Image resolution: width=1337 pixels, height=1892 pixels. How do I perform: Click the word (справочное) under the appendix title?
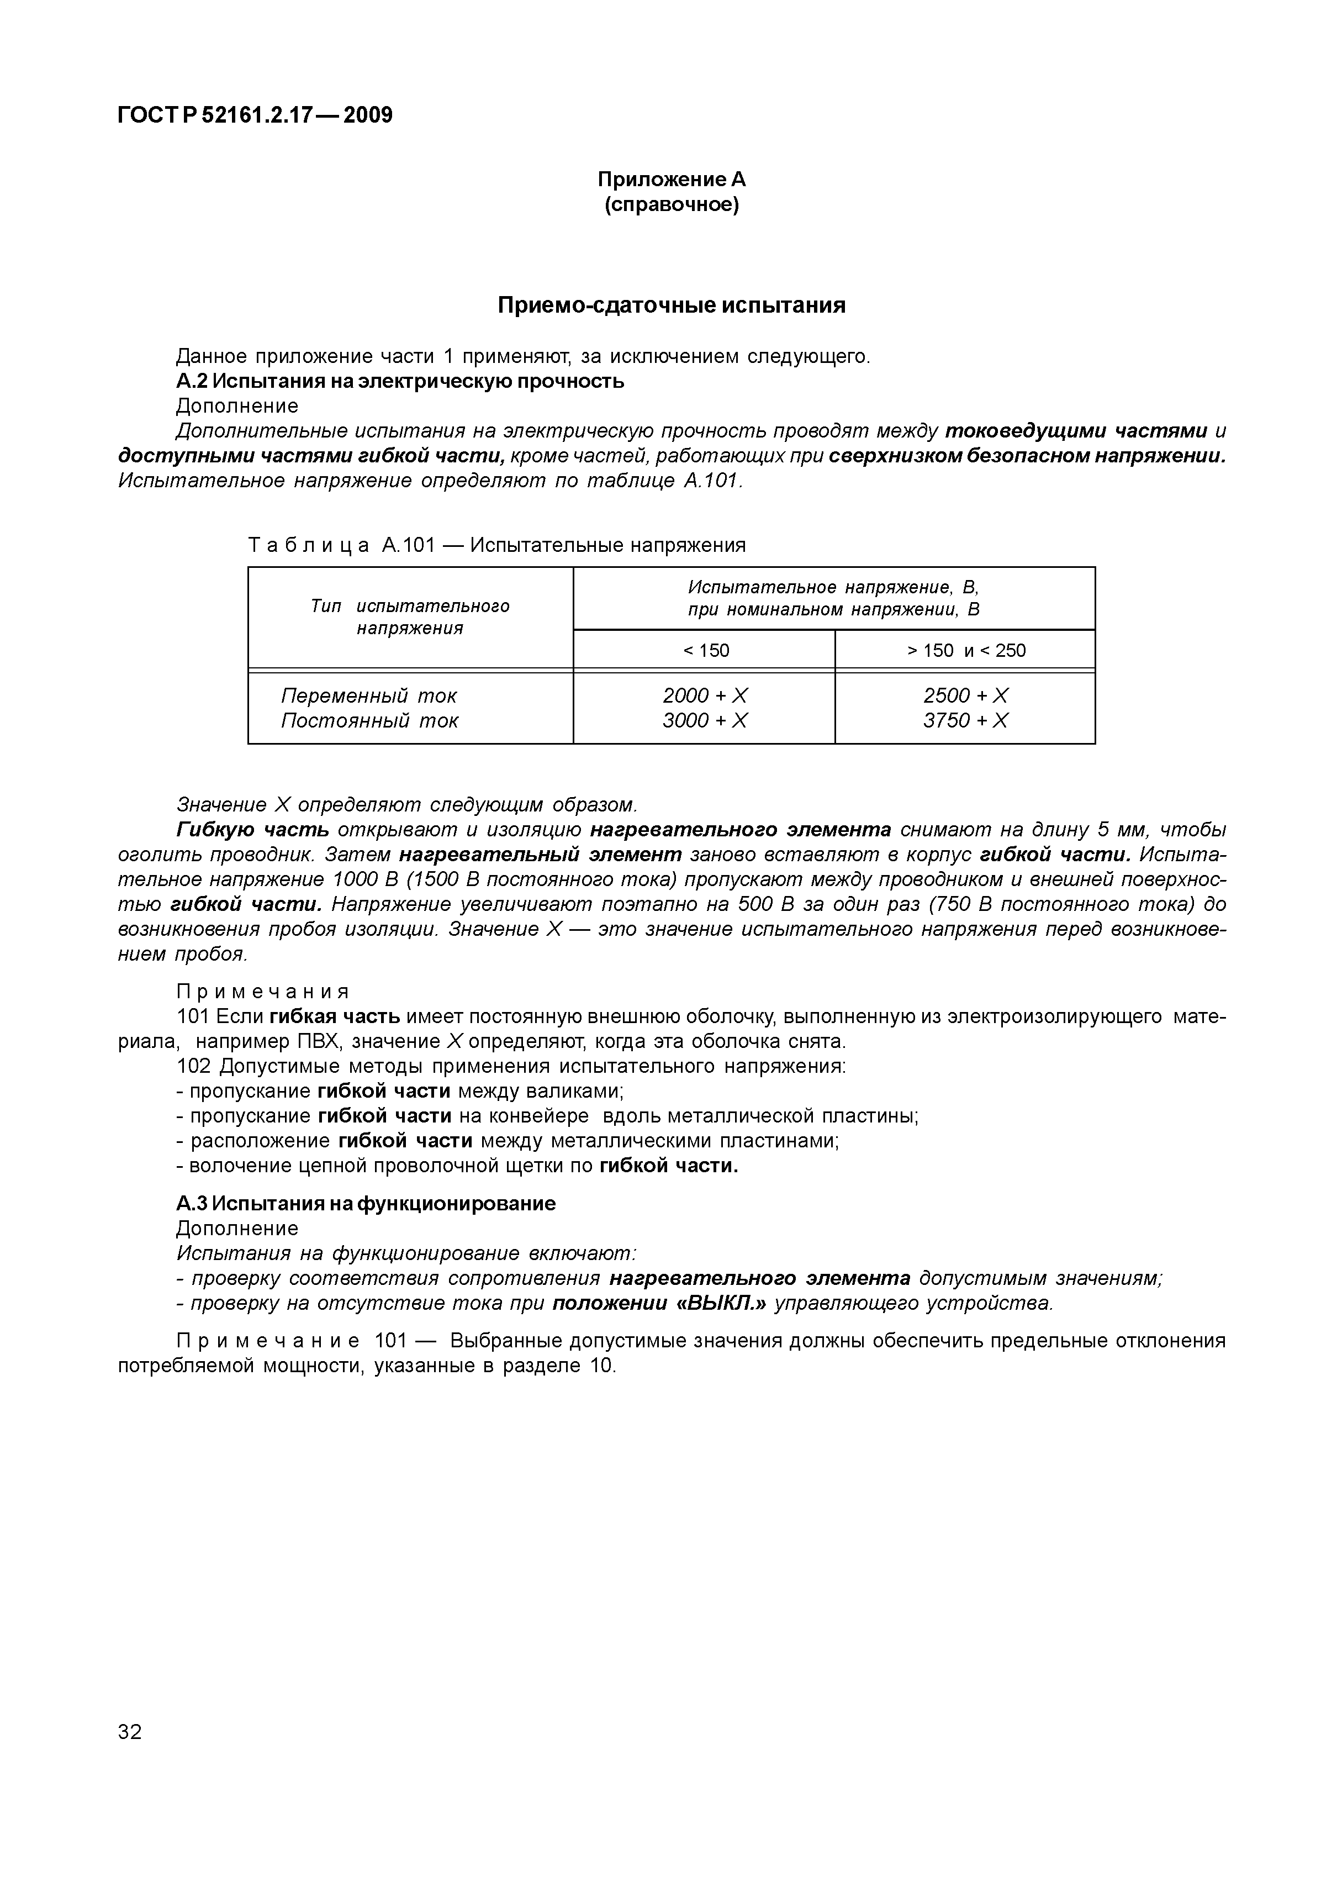click(672, 204)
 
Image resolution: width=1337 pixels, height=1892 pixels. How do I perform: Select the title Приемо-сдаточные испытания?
click(672, 305)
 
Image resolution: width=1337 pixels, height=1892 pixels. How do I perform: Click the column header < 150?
click(705, 650)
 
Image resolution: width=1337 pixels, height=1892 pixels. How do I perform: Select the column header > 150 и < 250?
click(965, 650)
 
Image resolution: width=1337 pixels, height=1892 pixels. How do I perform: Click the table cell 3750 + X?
click(965, 721)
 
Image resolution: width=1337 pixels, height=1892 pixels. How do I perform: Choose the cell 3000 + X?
click(705, 721)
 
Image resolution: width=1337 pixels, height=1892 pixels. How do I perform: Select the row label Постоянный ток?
click(368, 721)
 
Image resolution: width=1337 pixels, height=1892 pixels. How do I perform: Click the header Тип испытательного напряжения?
click(410, 617)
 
